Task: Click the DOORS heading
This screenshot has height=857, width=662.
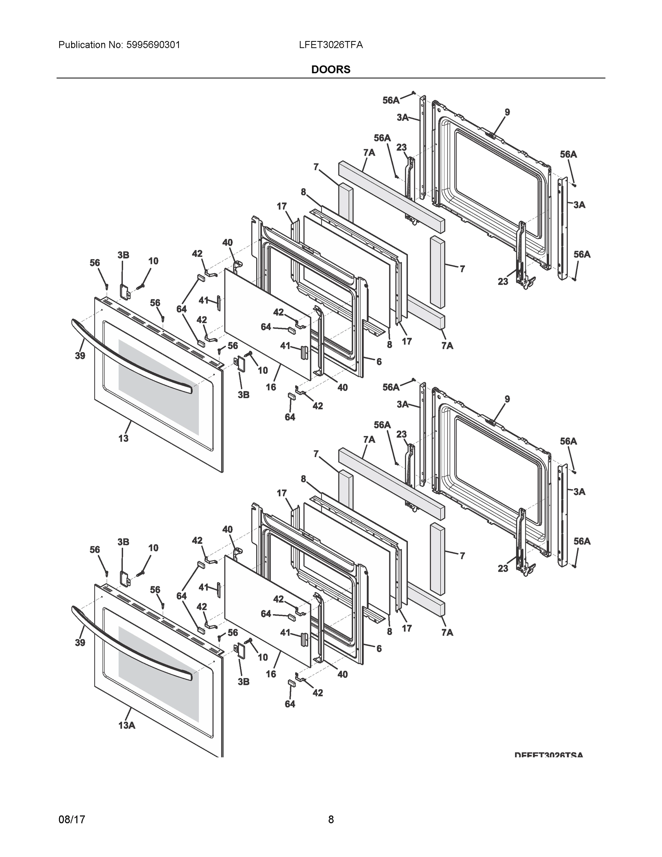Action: click(330, 70)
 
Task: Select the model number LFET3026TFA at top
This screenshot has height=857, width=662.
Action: click(330, 45)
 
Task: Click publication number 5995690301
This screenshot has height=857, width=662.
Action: click(153, 45)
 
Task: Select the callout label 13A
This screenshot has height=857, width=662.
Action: click(127, 726)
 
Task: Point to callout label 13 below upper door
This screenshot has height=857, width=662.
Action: click(123, 438)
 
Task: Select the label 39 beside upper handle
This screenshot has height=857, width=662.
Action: click(80, 356)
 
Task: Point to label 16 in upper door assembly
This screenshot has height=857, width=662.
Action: click(271, 387)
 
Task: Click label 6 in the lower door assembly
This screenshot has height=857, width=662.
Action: click(379, 648)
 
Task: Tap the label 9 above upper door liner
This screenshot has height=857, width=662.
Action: click(507, 112)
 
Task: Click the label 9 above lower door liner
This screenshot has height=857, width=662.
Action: click(507, 399)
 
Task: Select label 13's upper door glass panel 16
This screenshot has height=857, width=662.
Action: click(267, 324)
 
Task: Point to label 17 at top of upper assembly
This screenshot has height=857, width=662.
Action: click(282, 206)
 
